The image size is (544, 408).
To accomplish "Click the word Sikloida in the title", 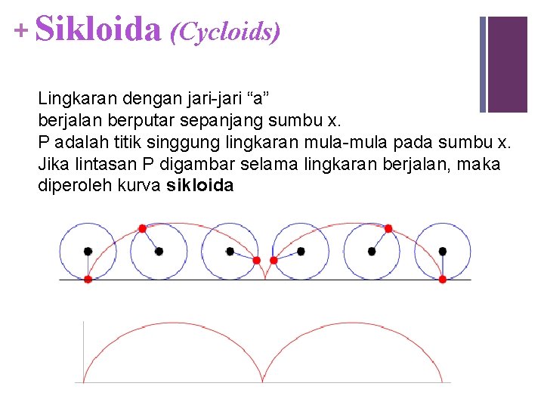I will (98, 30).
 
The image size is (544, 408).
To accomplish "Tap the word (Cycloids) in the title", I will (225, 32).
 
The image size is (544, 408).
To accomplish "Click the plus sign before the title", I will (20, 30).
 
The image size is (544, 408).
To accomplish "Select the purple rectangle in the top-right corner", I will (507, 64).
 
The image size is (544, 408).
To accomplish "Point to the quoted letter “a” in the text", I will (257, 99).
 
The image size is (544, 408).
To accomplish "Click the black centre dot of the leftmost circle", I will (88, 251).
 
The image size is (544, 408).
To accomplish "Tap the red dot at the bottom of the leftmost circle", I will (88, 279).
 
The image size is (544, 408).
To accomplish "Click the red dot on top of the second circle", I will (142, 227).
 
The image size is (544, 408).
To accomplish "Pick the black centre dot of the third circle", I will (230, 251).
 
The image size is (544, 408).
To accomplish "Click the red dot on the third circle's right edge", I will (257, 260).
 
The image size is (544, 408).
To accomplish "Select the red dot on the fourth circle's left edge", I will (274, 260).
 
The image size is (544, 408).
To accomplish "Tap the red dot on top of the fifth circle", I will (388, 227).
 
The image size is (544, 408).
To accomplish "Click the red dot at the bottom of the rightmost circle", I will (443, 279).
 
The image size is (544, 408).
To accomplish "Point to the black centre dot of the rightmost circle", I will (443, 251).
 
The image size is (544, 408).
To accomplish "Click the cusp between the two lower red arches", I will (264, 381).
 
